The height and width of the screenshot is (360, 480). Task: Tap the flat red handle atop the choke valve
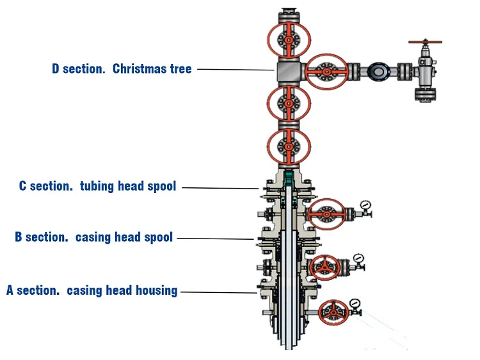(426, 42)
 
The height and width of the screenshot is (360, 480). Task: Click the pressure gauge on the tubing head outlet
(365, 205)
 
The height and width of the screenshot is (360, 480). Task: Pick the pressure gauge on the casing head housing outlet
(353, 302)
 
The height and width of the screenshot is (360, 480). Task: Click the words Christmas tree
(152, 69)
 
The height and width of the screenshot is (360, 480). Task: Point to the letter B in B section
(19, 237)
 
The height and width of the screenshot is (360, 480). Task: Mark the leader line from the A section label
(218, 292)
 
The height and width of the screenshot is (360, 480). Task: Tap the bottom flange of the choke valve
(426, 95)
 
